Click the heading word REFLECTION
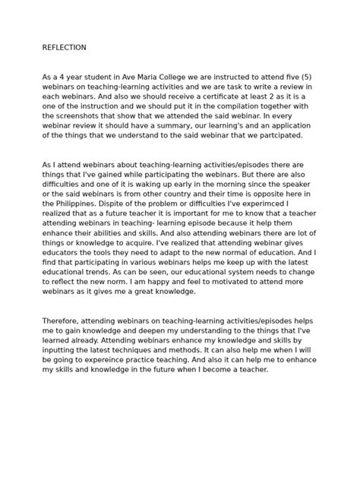[64, 47]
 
